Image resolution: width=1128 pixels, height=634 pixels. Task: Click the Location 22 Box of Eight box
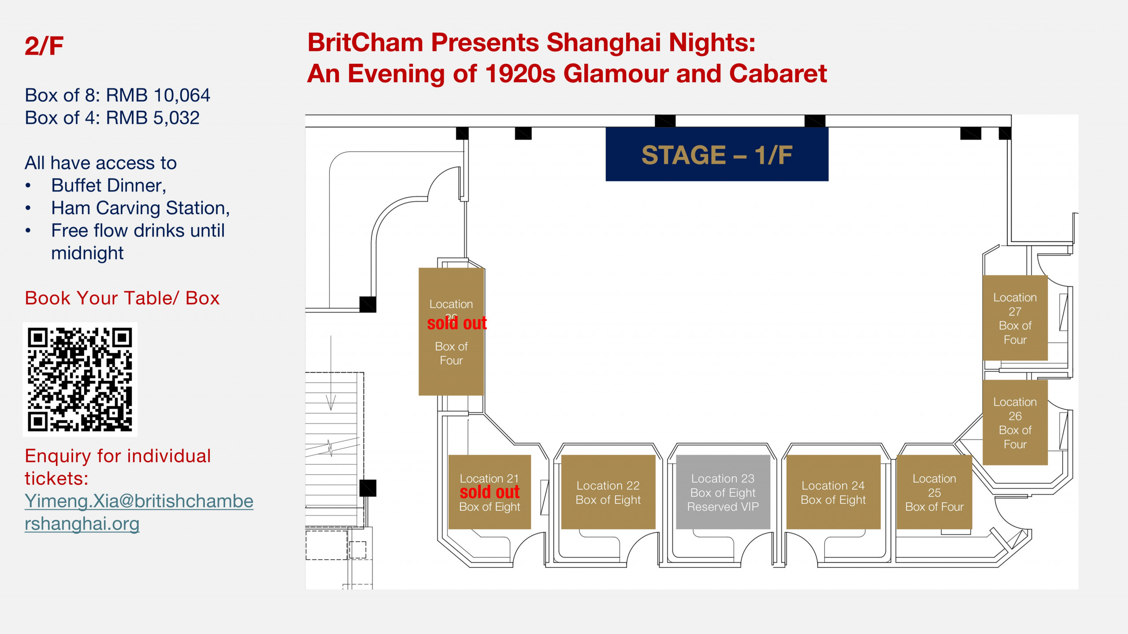tap(608, 492)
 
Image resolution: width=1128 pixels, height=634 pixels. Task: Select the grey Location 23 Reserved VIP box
tap(723, 492)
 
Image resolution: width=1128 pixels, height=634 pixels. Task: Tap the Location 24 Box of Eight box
tap(833, 492)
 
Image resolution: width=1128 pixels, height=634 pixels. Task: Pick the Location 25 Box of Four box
tap(934, 492)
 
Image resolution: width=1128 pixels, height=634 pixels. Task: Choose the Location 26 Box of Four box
tap(1015, 422)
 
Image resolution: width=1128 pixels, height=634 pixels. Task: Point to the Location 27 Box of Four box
tap(1015, 318)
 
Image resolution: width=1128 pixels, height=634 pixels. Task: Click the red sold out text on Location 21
tap(490, 492)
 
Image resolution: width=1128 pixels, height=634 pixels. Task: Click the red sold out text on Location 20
tap(457, 323)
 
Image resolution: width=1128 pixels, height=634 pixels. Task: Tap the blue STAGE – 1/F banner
tap(717, 154)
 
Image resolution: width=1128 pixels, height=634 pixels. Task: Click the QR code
tap(80, 380)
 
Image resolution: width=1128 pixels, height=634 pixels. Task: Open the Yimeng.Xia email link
tap(139, 512)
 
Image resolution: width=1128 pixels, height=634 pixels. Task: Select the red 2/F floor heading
tap(44, 46)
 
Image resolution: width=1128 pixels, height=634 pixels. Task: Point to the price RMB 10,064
tap(158, 95)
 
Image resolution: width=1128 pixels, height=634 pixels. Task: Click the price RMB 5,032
tap(153, 118)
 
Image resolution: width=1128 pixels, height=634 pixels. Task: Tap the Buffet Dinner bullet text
tap(108, 185)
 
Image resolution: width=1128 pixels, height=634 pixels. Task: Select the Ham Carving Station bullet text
tap(140, 208)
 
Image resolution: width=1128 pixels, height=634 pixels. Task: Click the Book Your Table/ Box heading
tap(122, 298)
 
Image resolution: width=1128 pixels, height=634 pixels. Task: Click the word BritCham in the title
tap(365, 43)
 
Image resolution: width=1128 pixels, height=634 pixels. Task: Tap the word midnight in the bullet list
tap(87, 253)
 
